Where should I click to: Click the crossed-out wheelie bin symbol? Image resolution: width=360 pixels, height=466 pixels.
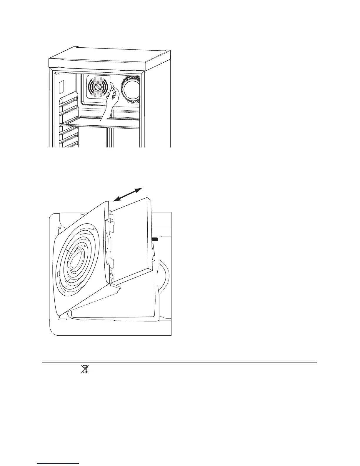[85, 369]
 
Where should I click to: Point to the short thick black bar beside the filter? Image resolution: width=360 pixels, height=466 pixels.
[155, 240]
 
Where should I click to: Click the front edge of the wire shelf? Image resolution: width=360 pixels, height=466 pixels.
[100, 126]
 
